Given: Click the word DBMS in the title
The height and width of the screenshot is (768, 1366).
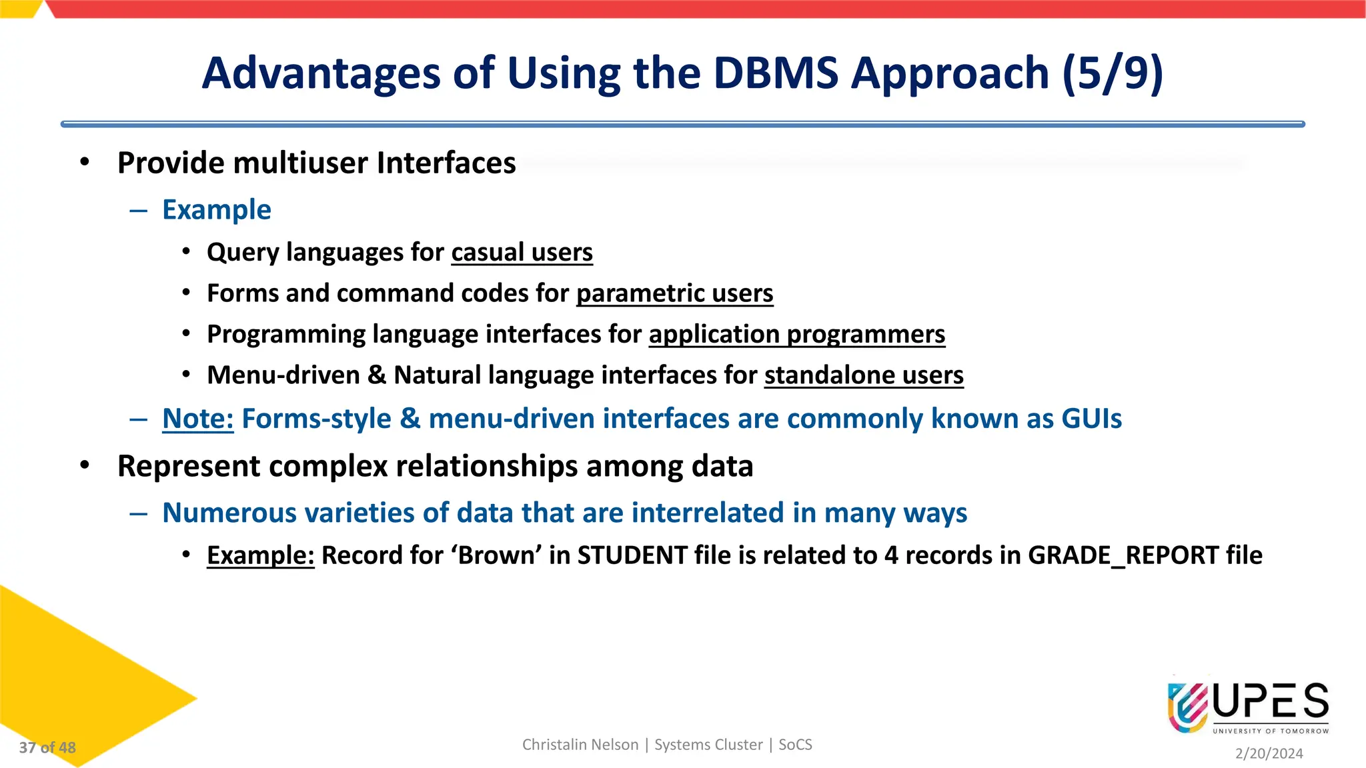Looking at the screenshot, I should pyautogui.click(x=775, y=73).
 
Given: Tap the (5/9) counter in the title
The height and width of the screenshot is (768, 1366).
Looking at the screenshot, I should pyautogui.click(x=1113, y=73).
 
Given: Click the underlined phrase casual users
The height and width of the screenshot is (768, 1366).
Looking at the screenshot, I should pyautogui.click(x=522, y=253).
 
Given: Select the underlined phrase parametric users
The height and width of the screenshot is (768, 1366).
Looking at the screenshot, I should pyautogui.click(x=674, y=293).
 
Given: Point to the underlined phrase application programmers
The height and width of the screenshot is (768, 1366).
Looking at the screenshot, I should pyautogui.click(x=796, y=334).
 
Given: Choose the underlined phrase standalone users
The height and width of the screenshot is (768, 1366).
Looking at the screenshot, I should pyautogui.click(x=863, y=375).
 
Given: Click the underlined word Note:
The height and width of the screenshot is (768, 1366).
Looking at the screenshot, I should pyautogui.click(x=197, y=419).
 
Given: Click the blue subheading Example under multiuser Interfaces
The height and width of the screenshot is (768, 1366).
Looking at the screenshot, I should pyautogui.click(x=217, y=210).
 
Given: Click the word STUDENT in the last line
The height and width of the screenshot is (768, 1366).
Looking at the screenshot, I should pyautogui.click(x=632, y=555).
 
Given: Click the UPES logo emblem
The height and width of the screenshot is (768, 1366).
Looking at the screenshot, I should pyautogui.click(x=1187, y=707).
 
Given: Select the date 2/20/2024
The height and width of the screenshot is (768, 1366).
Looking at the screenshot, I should pyautogui.click(x=1269, y=753).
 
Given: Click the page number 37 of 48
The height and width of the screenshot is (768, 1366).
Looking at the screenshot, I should pyautogui.click(x=47, y=748).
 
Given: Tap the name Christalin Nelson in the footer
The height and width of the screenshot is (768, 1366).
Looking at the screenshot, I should pyautogui.click(x=580, y=745).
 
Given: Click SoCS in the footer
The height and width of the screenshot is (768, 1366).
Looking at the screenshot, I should pyautogui.click(x=795, y=745).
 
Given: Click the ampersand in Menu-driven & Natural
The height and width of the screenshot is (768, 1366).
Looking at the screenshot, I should pyautogui.click(x=376, y=375).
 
